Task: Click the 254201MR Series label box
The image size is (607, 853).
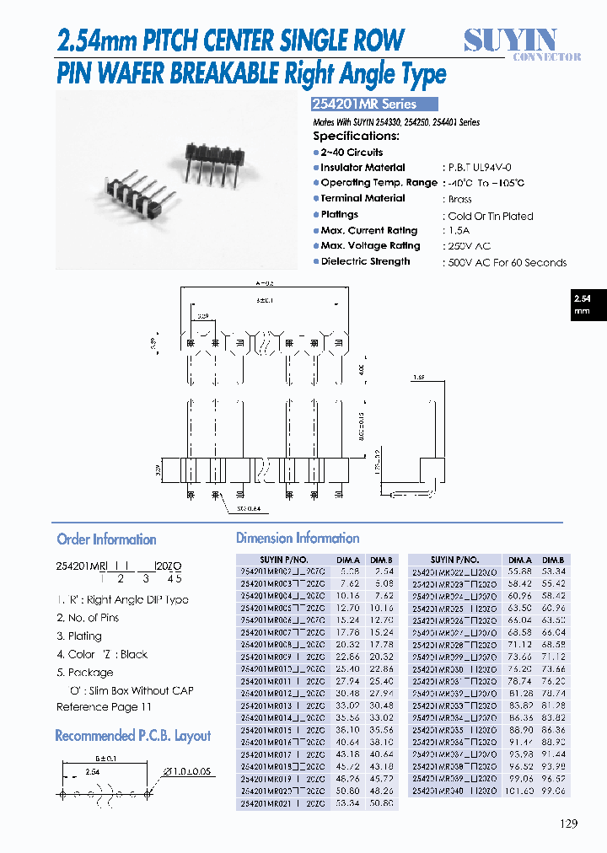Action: (375, 105)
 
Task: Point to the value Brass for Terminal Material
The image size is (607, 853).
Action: (459, 200)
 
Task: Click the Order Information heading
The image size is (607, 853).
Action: (106, 539)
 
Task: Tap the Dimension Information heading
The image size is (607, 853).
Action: (298, 538)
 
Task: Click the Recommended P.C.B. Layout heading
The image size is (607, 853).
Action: (132, 736)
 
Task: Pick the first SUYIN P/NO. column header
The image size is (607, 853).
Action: (285, 560)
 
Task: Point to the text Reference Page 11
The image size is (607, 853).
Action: (104, 707)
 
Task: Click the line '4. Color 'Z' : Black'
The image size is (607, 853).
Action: (102, 654)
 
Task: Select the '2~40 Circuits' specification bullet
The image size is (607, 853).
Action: (351, 153)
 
